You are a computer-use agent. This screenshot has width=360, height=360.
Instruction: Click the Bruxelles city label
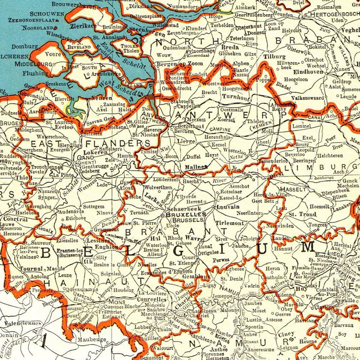click(186, 214)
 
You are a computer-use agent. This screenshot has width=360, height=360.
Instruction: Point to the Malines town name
click(196, 167)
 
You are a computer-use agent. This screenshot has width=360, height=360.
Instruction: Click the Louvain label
click(228, 207)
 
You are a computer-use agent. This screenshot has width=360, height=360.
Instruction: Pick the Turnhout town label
click(236, 97)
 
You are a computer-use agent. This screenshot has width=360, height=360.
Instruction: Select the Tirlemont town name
click(229, 223)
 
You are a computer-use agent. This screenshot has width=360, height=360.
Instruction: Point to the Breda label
click(230, 47)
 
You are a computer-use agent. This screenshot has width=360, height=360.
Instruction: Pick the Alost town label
click(126, 188)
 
